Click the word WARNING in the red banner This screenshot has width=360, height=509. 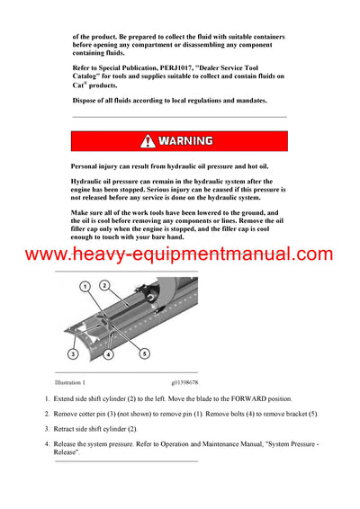coord(186,141)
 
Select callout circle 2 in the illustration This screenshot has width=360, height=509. coord(104,285)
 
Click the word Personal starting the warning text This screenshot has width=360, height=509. coord(88,166)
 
